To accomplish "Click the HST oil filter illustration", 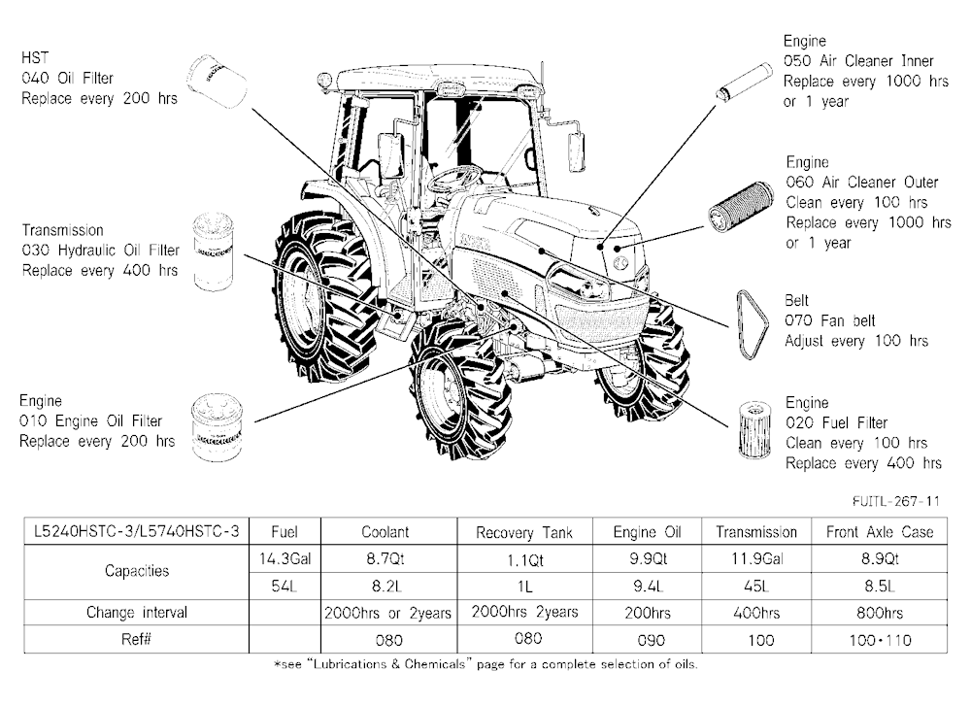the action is click(217, 81).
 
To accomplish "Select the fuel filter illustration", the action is click(755, 429).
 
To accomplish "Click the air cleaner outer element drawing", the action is click(741, 207).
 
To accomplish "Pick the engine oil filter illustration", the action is click(217, 427).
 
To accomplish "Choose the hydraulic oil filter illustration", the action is click(214, 252).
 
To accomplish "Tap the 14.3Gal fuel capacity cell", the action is click(285, 558).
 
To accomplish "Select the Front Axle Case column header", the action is click(880, 532).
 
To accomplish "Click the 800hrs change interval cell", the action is click(880, 613).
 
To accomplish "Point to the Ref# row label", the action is click(136, 639).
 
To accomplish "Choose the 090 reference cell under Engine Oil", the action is click(647, 640).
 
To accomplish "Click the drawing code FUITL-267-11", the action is click(896, 501).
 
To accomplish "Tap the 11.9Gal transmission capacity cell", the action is click(756, 558).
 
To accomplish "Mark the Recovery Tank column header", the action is click(524, 532).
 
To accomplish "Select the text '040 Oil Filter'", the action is click(68, 78).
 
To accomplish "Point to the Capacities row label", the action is click(136, 571).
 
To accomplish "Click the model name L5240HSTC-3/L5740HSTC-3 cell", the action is click(136, 532).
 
